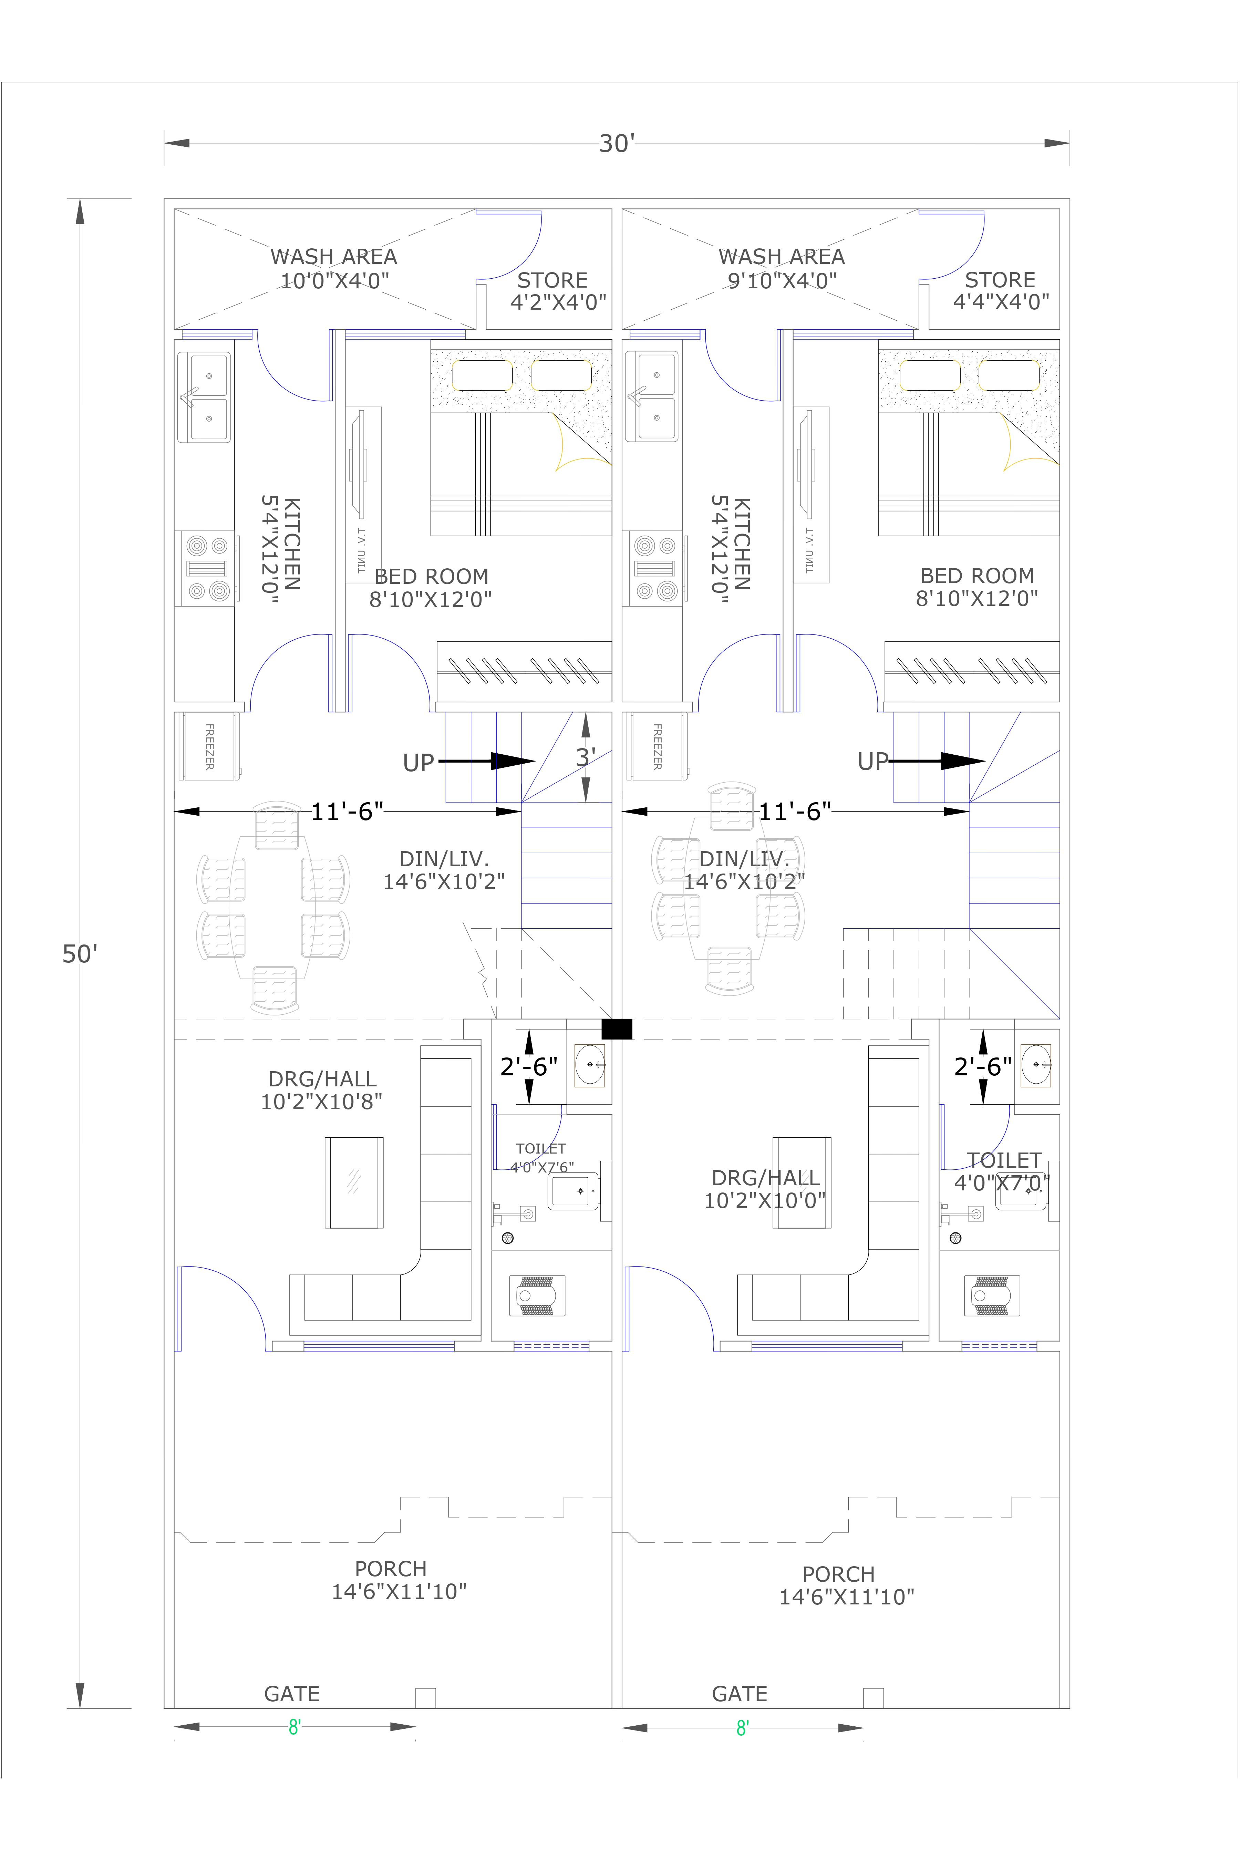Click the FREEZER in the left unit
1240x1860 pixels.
(x=209, y=746)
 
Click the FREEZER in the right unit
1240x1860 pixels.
(x=657, y=746)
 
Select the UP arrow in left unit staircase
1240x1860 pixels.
(x=486, y=762)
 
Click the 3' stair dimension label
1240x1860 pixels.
(x=585, y=757)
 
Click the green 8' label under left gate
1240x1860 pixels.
(x=294, y=1728)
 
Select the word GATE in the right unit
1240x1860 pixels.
(x=740, y=1694)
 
